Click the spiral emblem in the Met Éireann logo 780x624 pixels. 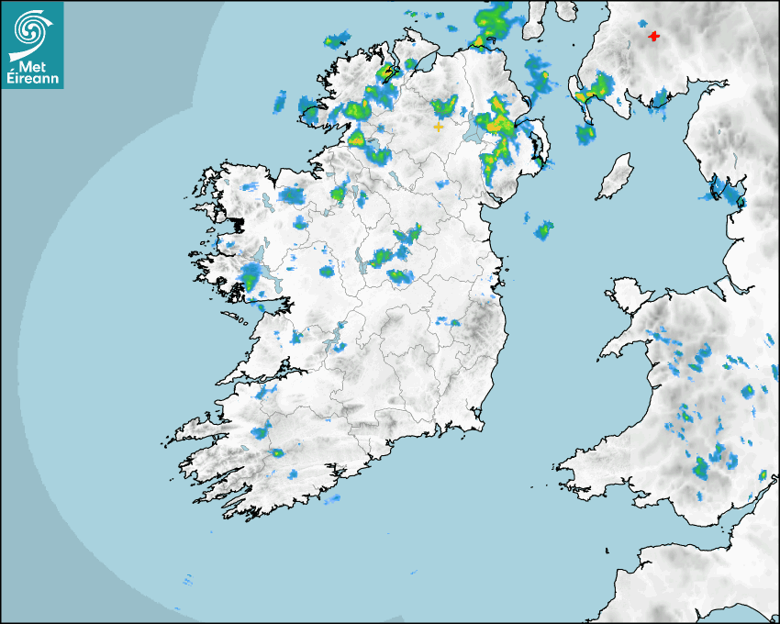(32, 27)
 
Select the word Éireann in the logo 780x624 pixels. (33, 78)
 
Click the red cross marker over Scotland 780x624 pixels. (653, 37)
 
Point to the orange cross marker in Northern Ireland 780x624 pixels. (439, 126)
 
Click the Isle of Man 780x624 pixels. (616, 176)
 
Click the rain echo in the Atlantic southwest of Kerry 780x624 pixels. (187, 580)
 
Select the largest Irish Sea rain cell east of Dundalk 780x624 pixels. (545, 229)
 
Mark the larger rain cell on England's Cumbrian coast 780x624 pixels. (731, 192)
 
